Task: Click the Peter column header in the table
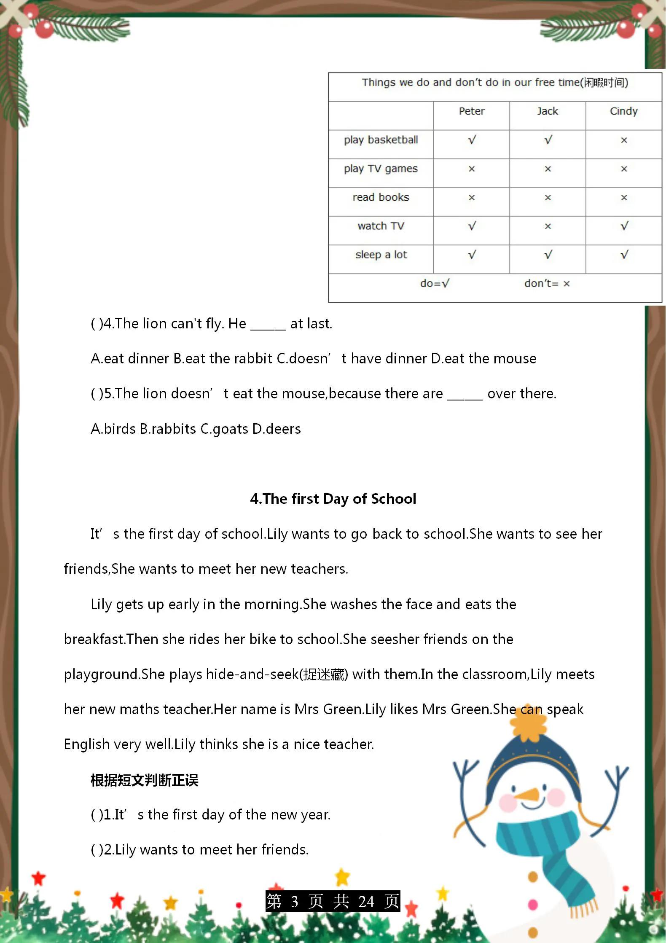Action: (471, 111)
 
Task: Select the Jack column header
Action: (547, 111)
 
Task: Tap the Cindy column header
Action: (623, 111)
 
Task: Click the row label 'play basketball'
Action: (381, 140)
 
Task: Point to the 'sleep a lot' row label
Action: (381, 255)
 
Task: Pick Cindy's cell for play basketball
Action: (624, 140)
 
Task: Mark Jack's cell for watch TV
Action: (548, 226)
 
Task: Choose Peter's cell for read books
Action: (471, 198)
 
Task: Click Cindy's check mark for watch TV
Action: (624, 226)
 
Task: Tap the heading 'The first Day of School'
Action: (333, 499)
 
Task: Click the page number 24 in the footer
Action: (366, 902)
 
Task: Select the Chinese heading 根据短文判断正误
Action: (144, 781)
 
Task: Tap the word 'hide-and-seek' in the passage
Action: (252, 674)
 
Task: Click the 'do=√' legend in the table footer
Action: (435, 284)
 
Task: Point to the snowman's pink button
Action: (533, 904)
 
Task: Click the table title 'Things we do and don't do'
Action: (494, 83)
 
